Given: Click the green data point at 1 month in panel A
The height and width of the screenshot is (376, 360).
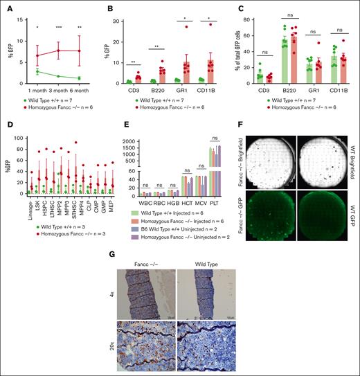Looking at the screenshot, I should point(37,71).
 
